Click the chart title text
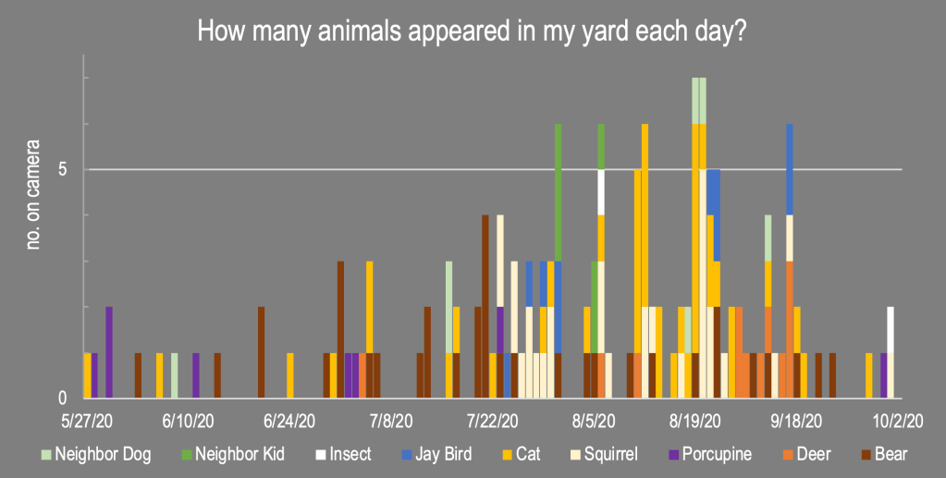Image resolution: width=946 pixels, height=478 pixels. coord(473,31)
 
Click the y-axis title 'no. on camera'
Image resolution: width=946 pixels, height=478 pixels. coord(33,193)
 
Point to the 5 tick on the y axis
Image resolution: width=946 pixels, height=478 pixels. coord(62,170)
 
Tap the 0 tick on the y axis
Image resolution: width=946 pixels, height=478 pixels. coord(62,398)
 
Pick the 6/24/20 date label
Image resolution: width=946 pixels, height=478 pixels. coord(289,421)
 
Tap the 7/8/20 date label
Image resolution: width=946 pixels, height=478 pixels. coord(390,421)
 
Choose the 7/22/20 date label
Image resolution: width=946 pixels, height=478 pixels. coord(492,421)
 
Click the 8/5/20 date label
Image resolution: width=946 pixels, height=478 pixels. coord(594,421)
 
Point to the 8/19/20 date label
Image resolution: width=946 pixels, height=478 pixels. coord(695,421)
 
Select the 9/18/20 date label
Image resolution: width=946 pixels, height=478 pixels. coord(797,421)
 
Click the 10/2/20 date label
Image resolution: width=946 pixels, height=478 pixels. coord(899,421)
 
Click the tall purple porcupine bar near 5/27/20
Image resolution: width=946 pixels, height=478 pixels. coord(109,352)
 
